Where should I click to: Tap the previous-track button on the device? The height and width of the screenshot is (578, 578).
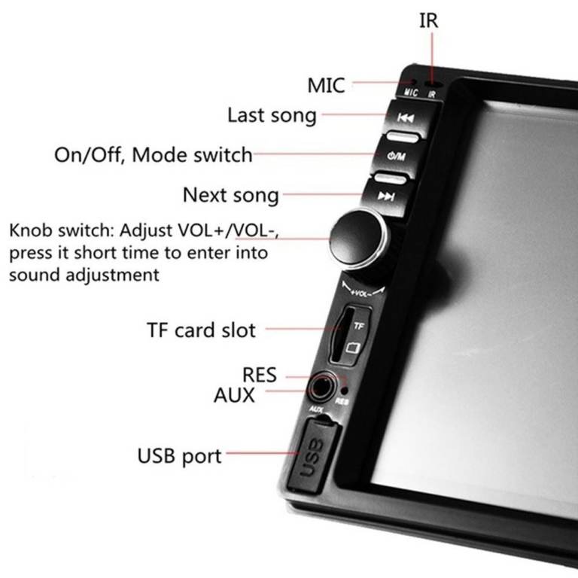click(x=406, y=118)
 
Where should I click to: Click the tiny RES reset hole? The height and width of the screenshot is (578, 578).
click(x=344, y=391)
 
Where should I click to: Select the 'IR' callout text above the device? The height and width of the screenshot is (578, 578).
click(x=428, y=21)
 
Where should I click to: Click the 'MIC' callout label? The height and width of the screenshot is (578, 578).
click(x=326, y=85)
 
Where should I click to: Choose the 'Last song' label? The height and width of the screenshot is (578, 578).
click(x=272, y=116)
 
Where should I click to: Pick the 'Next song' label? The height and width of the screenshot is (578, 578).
click(x=230, y=196)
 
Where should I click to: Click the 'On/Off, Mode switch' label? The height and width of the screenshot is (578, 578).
click(x=153, y=155)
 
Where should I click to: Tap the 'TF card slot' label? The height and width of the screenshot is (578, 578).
click(x=200, y=330)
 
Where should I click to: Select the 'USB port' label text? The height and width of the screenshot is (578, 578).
click(x=179, y=455)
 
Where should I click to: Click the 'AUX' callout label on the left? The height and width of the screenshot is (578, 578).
click(x=234, y=394)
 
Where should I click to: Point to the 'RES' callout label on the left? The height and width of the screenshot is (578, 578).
click(x=259, y=374)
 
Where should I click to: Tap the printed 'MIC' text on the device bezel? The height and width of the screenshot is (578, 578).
click(x=410, y=93)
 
